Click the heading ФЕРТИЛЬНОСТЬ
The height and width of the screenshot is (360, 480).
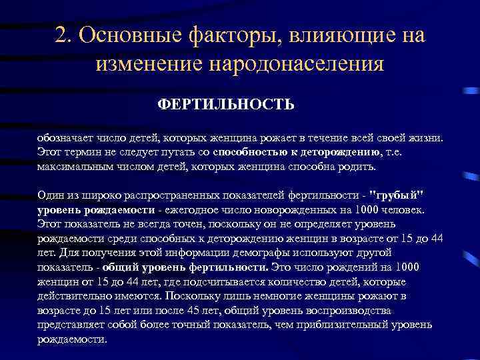226,105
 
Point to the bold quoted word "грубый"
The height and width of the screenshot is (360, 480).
401,195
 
